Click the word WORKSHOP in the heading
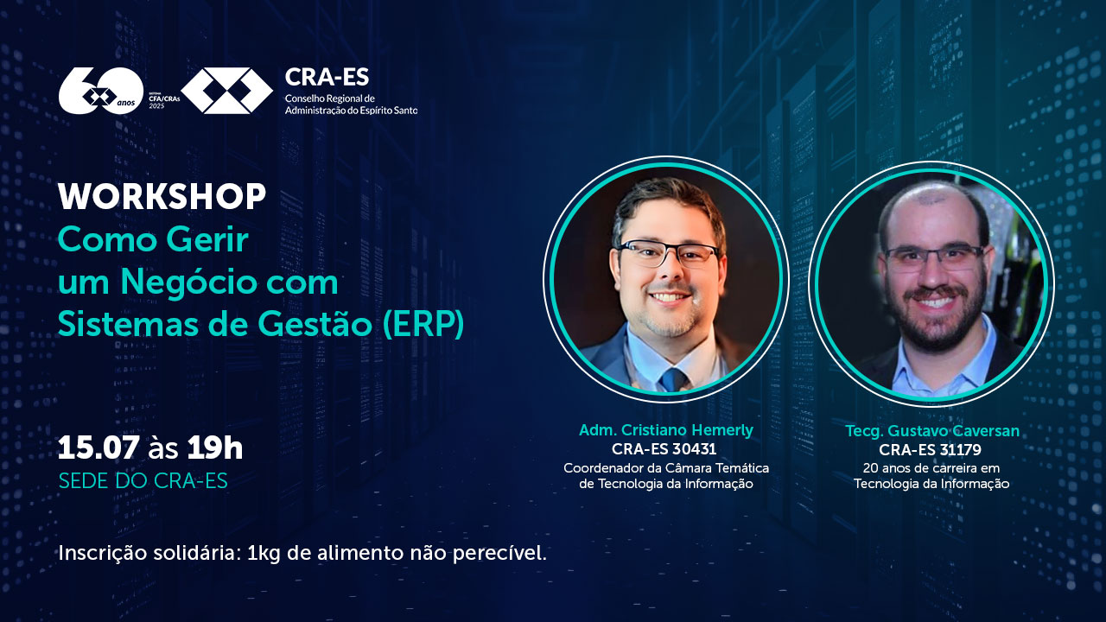click(162, 196)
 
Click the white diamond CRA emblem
click(226, 91)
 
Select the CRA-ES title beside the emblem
click(327, 77)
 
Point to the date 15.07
click(99, 448)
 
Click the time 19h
click(215, 448)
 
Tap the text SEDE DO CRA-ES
click(143, 481)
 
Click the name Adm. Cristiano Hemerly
click(666, 430)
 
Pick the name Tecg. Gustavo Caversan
click(932, 431)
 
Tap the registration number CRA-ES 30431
click(664, 449)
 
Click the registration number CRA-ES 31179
click(930, 450)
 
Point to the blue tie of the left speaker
click(673, 379)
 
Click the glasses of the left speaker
click(668, 253)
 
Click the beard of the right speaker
click(935, 319)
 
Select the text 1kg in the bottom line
click(264, 554)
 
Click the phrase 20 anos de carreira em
click(931, 468)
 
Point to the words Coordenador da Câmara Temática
click(666, 467)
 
